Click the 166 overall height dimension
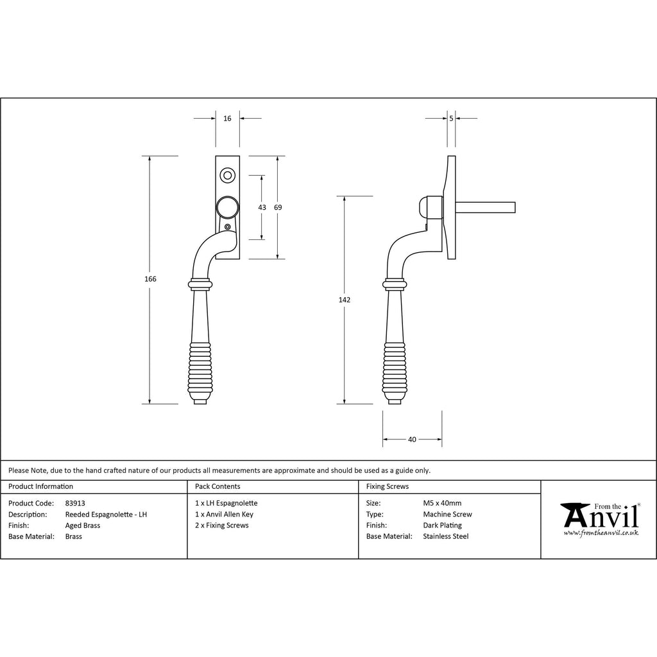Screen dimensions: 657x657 pyautogui.click(x=150, y=279)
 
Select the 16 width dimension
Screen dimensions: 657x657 pyautogui.click(x=227, y=119)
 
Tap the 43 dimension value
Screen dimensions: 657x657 pyautogui.click(x=262, y=207)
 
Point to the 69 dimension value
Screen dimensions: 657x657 pyautogui.click(x=278, y=207)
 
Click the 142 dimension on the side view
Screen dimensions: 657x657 pyautogui.click(x=345, y=300)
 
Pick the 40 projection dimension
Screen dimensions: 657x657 pyautogui.click(x=412, y=439)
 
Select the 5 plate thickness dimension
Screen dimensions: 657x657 pyautogui.click(x=451, y=119)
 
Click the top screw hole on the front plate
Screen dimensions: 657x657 pyautogui.click(x=228, y=175)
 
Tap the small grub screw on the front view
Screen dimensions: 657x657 pyautogui.click(x=228, y=227)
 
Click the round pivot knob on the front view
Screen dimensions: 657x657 pyautogui.click(x=228, y=207)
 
